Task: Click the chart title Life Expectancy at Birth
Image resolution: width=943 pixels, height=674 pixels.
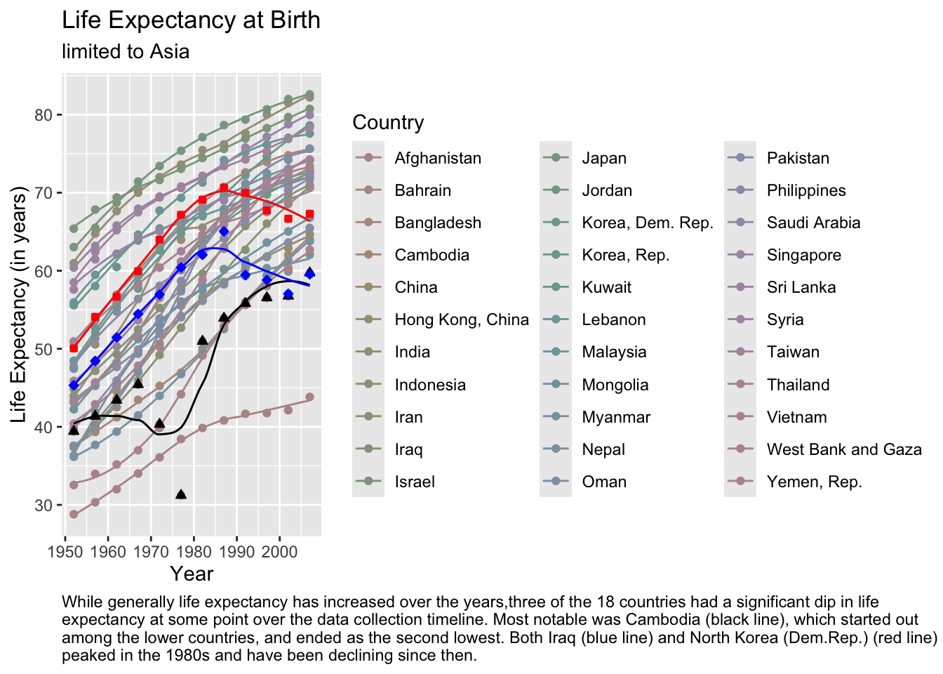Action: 191,20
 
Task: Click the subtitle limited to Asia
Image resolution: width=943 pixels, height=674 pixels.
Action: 126,52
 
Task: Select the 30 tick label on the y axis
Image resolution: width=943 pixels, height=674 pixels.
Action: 44,505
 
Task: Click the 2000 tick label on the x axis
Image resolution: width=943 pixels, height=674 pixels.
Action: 280,550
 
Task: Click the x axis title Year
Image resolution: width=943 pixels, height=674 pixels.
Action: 192,574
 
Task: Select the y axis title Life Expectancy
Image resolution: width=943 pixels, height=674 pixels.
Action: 19,305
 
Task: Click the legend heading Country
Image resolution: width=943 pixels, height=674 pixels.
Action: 388,123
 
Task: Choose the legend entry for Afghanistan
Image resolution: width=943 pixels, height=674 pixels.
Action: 437,158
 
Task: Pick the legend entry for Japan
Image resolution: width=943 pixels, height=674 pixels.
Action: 604,158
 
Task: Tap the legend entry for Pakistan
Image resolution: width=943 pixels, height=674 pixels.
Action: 798,158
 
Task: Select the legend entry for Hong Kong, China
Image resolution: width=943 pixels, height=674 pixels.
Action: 461,319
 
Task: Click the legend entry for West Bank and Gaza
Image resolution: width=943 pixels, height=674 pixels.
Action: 843,449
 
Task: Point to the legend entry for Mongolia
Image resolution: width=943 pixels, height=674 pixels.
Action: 615,385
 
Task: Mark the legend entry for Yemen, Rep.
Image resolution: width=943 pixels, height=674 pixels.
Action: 814,482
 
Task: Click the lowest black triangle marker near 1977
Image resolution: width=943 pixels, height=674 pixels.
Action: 181,494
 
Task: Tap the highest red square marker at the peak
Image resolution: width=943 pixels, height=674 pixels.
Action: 224,187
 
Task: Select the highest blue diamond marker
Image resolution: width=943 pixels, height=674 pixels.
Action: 224,231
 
